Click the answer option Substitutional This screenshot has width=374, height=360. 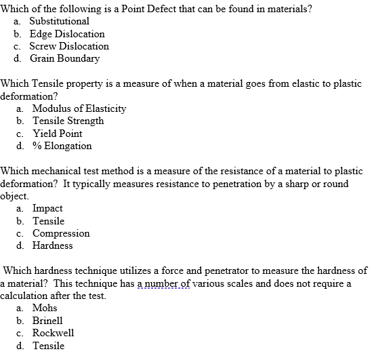(59, 21)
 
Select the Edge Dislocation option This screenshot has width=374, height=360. (68, 34)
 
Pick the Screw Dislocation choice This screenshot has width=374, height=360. (70, 46)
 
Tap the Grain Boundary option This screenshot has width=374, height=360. (66, 58)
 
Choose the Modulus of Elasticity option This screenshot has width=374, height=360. (79, 108)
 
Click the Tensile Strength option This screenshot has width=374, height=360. (68, 121)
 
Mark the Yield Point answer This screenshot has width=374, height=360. (58, 134)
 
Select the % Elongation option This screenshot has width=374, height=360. (62, 146)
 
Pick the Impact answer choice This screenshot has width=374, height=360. (47, 208)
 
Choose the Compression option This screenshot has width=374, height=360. (61, 233)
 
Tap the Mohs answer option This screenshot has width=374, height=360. (45, 308)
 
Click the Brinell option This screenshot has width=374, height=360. (47, 320)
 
